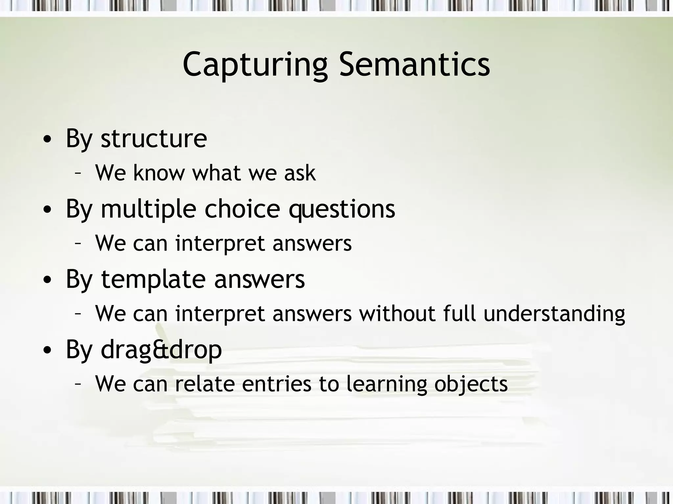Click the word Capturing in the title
pyautogui.click(x=255, y=65)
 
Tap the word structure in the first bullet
pyautogui.click(x=154, y=138)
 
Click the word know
pyautogui.click(x=159, y=173)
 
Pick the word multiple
pyautogui.click(x=149, y=210)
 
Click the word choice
pyautogui.click(x=243, y=209)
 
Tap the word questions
pyautogui.click(x=342, y=210)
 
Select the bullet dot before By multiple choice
pyautogui.click(x=47, y=210)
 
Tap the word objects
pyautogui.click(x=471, y=385)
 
